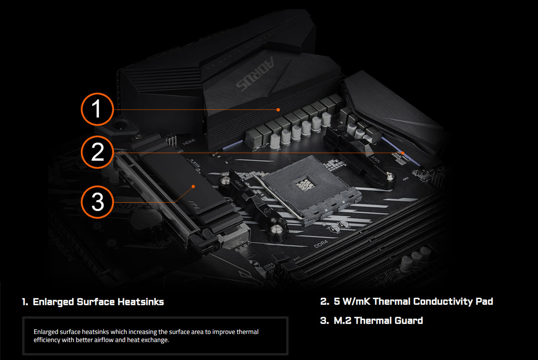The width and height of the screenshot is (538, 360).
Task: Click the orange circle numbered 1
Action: [x=97, y=109]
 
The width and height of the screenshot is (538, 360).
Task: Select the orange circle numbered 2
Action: [x=97, y=152]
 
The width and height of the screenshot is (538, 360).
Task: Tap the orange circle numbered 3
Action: [x=97, y=202]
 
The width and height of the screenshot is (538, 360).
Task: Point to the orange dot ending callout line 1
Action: [x=278, y=110]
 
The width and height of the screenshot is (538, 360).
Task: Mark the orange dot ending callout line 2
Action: [x=402, y=153]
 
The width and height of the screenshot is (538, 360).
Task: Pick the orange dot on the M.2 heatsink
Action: [x=193, y=187]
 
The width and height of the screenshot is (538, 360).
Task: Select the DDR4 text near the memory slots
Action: [x=321, y=244]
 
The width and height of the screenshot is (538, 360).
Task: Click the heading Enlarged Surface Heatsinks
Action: [x=98, y=302]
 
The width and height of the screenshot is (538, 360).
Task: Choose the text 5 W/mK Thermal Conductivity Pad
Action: [x=413, y=301]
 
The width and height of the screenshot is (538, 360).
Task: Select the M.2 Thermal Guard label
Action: [x=378, y=321]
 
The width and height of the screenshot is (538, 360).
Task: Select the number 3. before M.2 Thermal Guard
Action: [x=324, y=321]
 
